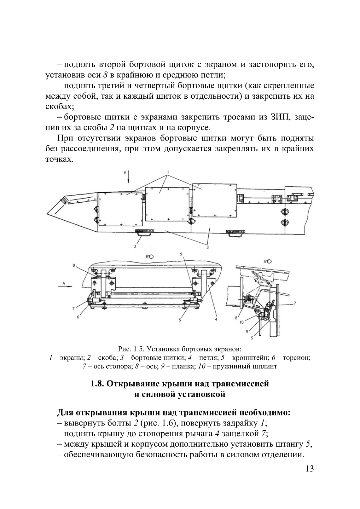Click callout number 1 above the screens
(x=169, y=172)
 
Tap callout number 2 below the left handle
(x=135, y=246)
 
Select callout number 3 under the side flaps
(x=207, y=248)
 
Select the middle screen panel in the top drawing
(x=167, y=205)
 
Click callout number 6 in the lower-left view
(x=78, y=317)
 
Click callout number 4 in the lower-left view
(x=216, y=319)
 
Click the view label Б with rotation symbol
(x=149, y=257)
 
